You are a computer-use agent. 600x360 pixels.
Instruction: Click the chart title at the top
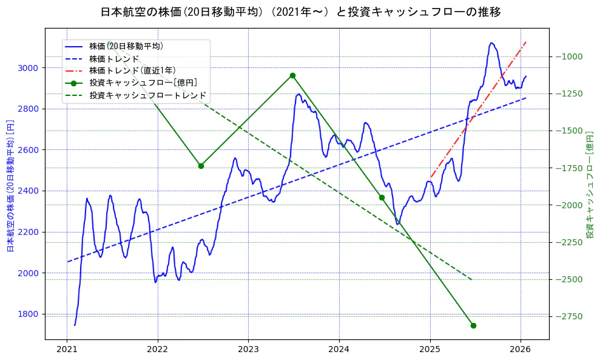300,12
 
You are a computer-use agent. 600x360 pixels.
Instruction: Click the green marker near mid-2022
201,166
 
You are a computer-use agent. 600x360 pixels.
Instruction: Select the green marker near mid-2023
292,75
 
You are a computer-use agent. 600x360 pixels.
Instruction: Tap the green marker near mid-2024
382,197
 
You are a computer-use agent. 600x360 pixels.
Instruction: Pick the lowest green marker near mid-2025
473,325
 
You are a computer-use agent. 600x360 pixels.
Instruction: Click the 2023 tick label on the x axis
248,349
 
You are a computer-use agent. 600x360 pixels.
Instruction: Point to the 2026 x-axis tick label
521,349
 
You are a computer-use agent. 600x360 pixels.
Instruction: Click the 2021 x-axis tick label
67,349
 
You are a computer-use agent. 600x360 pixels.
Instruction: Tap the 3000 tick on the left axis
28,68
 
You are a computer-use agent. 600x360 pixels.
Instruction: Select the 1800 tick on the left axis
28,314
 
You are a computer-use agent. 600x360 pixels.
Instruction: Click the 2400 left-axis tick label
28,191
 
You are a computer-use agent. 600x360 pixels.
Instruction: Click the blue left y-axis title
10,186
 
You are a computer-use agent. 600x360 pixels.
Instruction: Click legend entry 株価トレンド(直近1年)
132,70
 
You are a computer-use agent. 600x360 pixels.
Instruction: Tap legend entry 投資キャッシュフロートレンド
147,95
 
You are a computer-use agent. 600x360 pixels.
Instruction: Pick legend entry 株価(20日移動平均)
126,46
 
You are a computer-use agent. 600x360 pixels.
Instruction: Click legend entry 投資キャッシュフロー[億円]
143,83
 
